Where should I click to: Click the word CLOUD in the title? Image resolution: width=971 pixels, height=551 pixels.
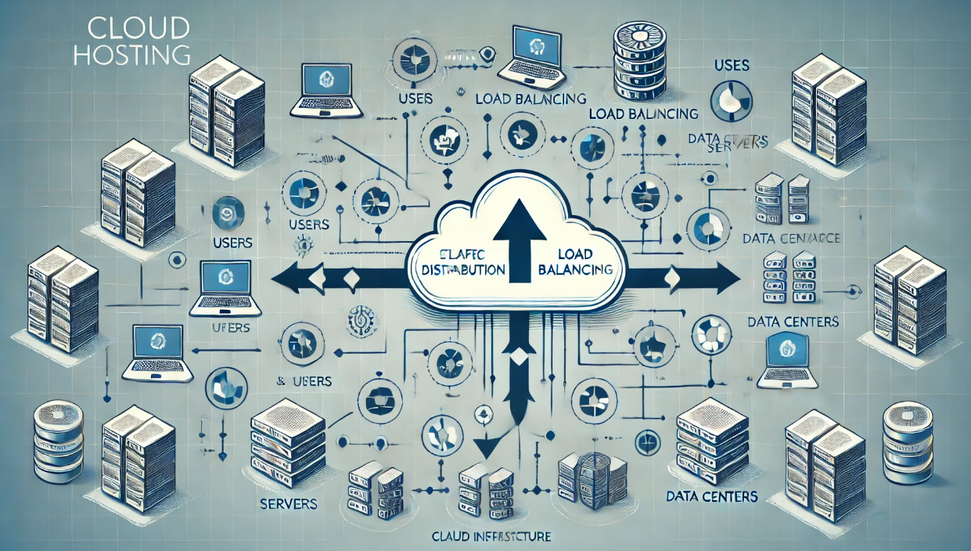(x=139, y=29)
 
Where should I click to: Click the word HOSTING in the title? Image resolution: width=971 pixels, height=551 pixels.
(x=139, y=55)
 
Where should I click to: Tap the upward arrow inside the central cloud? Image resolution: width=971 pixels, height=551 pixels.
(x=517, y=235)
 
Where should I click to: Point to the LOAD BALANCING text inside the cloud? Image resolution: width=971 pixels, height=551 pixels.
(x=575, y=262)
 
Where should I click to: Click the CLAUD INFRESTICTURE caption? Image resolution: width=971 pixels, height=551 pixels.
(x=491, y=537)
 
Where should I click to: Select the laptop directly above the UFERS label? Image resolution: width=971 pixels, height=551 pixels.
(x=224, y=282)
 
